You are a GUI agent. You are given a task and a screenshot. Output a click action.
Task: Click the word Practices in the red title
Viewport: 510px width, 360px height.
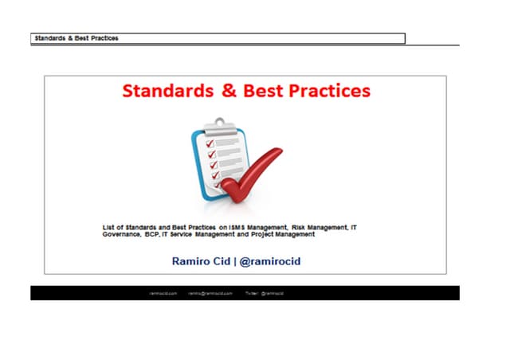(x=328, y=91)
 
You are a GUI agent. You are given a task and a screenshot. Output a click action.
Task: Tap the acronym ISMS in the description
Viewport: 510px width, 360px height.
(x=237, y=227)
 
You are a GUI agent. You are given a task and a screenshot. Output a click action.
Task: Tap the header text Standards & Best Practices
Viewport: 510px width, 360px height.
(x=76, y=38)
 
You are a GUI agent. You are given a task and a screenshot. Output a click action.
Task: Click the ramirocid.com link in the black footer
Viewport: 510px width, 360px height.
(x=162, y=293)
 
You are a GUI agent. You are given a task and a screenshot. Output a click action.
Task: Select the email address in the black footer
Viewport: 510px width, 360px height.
(x=210, y=293)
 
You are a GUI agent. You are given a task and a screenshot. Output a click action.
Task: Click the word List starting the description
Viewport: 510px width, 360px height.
(x=110, y=227)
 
